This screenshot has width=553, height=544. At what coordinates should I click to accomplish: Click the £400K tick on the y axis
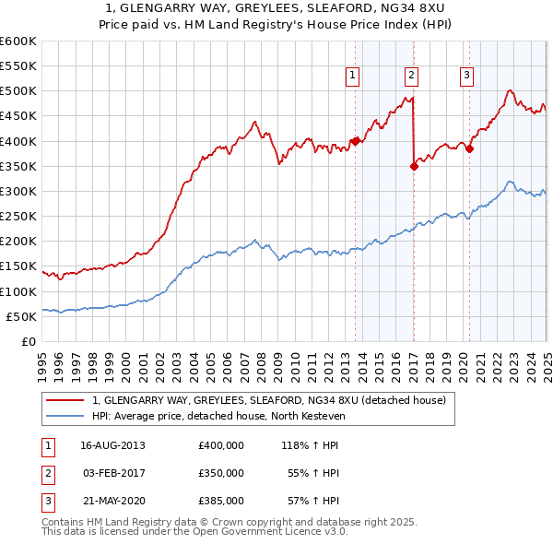click(18, 141)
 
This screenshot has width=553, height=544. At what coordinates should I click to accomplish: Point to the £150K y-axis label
click(18, 266)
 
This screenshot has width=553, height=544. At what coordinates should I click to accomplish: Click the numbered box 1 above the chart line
click(354, 77)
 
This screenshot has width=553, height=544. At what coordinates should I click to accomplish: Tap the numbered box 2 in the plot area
click(411, 77)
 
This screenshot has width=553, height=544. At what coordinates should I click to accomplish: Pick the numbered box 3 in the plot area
click(467, 77)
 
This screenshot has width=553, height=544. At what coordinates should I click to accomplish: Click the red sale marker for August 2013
click(355, 141)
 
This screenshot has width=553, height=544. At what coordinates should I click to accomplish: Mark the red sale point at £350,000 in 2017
click(414, 166)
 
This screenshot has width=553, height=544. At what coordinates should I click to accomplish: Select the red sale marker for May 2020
click(469, 148)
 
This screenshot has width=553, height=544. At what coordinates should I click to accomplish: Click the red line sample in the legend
click(65, 400)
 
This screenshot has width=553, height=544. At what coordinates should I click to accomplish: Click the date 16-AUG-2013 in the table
click(113, 445)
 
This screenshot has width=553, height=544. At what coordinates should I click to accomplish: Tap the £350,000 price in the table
click(221, 473)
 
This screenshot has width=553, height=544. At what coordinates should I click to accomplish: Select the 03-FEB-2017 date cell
click(113, 473)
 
